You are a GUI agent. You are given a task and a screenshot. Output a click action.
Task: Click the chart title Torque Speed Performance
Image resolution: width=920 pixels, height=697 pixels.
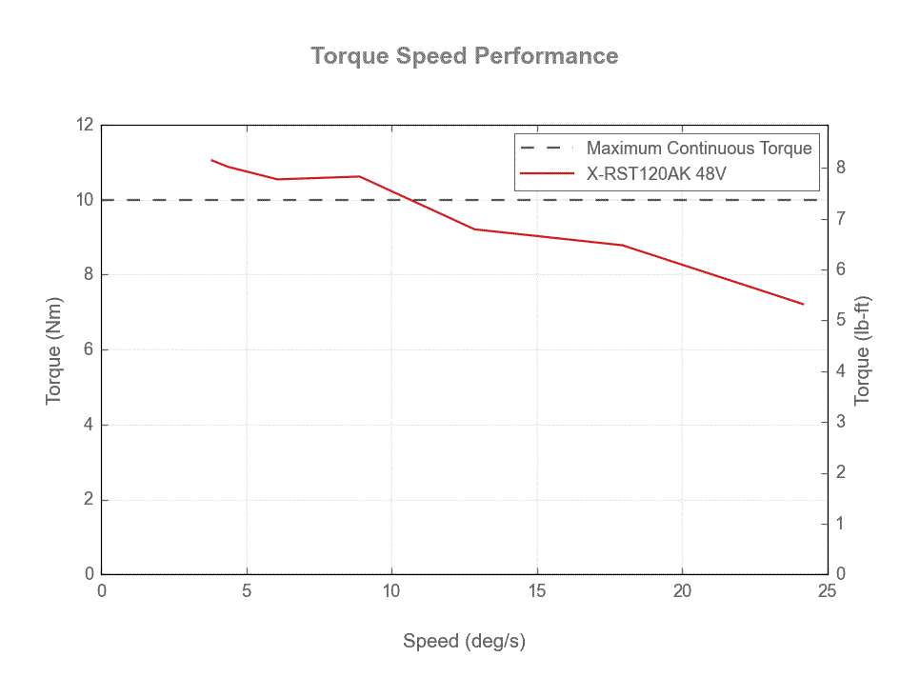pos(465,55)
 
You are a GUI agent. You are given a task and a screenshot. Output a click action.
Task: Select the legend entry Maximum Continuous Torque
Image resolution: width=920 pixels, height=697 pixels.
pos(698,148)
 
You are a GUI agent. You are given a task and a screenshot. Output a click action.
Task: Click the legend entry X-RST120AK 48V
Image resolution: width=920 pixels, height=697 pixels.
pos(656,173)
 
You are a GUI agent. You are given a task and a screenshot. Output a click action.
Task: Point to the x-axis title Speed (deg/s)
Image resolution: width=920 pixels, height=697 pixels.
pos(464,641)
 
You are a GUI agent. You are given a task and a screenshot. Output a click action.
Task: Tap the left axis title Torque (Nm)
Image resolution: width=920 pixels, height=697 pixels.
pos(53,349)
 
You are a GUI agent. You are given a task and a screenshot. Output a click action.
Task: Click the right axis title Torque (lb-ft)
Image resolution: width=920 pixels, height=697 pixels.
pos(863,349)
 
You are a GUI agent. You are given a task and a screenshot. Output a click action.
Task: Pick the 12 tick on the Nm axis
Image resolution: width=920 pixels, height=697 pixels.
pos(86,125)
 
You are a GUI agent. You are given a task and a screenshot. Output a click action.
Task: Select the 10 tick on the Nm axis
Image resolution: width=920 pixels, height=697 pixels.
pos(86,200)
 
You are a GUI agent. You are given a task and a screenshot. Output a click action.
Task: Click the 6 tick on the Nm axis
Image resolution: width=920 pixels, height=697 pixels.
pos(89,349)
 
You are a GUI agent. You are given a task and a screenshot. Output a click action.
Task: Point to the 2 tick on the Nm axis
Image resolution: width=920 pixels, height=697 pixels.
pos(89,500)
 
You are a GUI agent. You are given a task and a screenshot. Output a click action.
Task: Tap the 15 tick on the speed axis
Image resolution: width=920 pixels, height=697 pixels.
pos(537,591)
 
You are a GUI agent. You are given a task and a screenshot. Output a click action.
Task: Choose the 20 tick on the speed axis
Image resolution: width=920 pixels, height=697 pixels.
pos(682,591)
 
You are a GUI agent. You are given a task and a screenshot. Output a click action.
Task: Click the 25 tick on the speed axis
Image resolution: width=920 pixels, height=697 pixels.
pos(827,591)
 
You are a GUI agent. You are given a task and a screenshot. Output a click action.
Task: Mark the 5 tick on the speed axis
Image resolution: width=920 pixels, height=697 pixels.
pos(247,591)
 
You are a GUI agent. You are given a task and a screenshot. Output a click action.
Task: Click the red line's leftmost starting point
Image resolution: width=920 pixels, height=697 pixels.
pos(211,160)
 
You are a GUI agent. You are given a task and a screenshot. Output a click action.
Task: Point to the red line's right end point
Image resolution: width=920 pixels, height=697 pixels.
pos(803,304)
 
